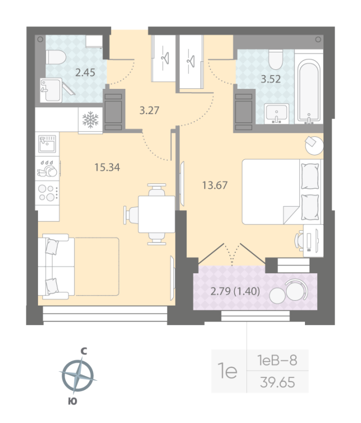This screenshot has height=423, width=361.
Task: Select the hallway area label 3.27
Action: pyautogui.click(x=149, y=111)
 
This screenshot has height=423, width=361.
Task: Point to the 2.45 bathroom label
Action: pyautogui.click(x=85, y=73)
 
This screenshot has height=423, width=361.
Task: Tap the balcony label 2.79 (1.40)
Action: pyautogui.click(x=235, y=290)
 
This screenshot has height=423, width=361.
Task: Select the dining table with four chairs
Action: pyautogui.click(x=156, y=214)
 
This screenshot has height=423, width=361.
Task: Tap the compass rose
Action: pyautogui.click(x=78, y=375)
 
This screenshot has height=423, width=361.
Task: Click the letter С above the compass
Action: pyautogui.click(x=84, y=350)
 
